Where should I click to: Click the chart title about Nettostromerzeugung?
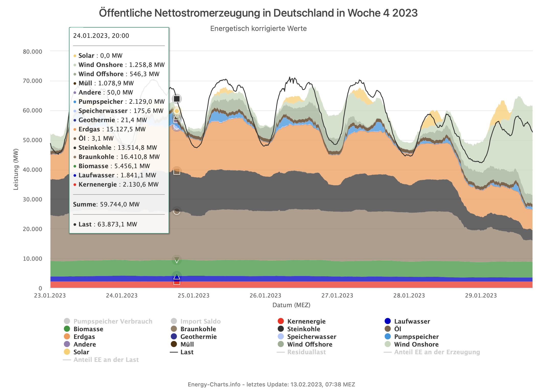coord(258,13)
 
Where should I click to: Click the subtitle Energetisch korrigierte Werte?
coord(258,29)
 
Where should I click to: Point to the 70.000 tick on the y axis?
coord(32,81)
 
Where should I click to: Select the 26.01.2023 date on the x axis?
coord(265,296)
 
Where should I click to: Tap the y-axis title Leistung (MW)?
coord(16,169)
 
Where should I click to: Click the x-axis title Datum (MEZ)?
coord(291,305)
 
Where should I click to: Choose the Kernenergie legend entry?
coord(306,322)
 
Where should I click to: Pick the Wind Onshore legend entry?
coord(416,345)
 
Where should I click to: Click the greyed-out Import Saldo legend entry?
coord(200,322)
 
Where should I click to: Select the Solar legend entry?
coord(81,352)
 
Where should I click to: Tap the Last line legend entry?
coord(187,352)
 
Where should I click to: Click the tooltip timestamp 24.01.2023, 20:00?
coord(101,36)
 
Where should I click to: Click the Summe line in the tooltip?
coord(106,204)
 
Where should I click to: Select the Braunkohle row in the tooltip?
coord(119,157)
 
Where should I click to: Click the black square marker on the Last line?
coord(177,99)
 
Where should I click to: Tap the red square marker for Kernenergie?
coord(177,282)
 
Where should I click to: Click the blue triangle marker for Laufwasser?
coord(177,276)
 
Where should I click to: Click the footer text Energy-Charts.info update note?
coord(271,384)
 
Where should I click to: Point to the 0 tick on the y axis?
coord(40,288)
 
